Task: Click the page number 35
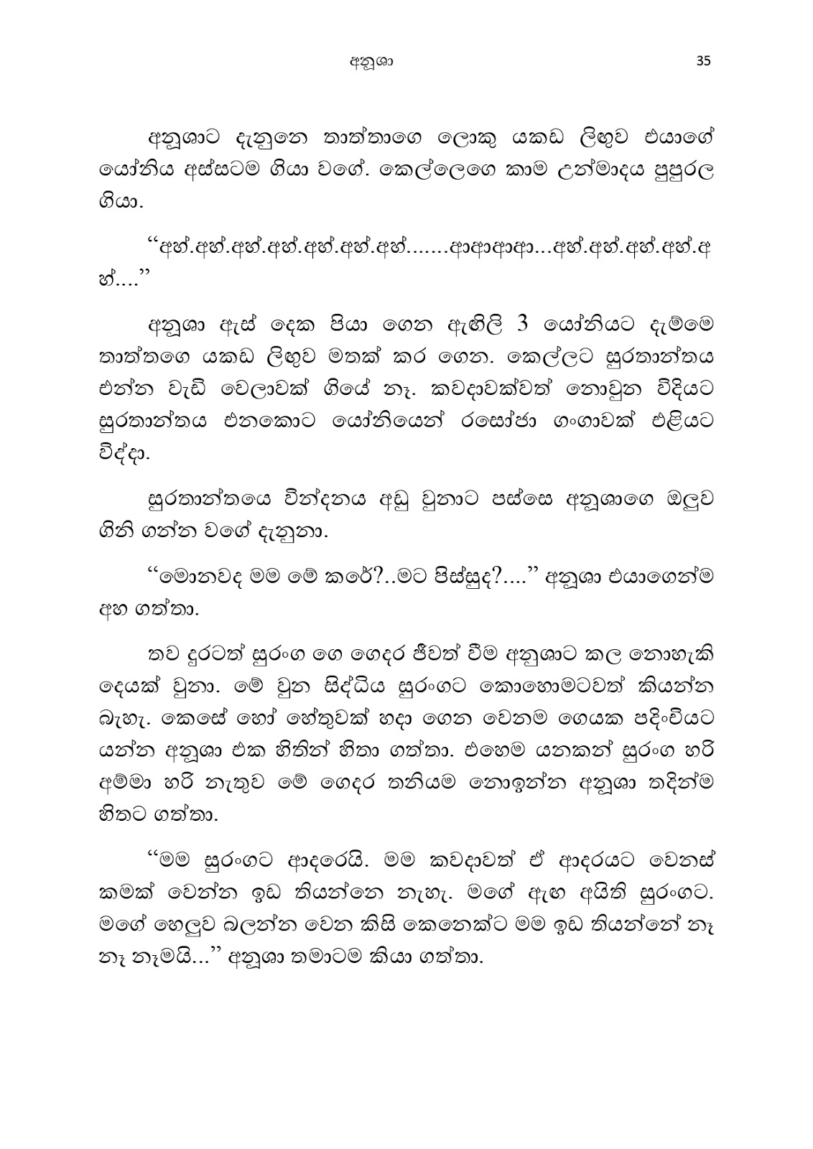702,61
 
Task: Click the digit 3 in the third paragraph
523,325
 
